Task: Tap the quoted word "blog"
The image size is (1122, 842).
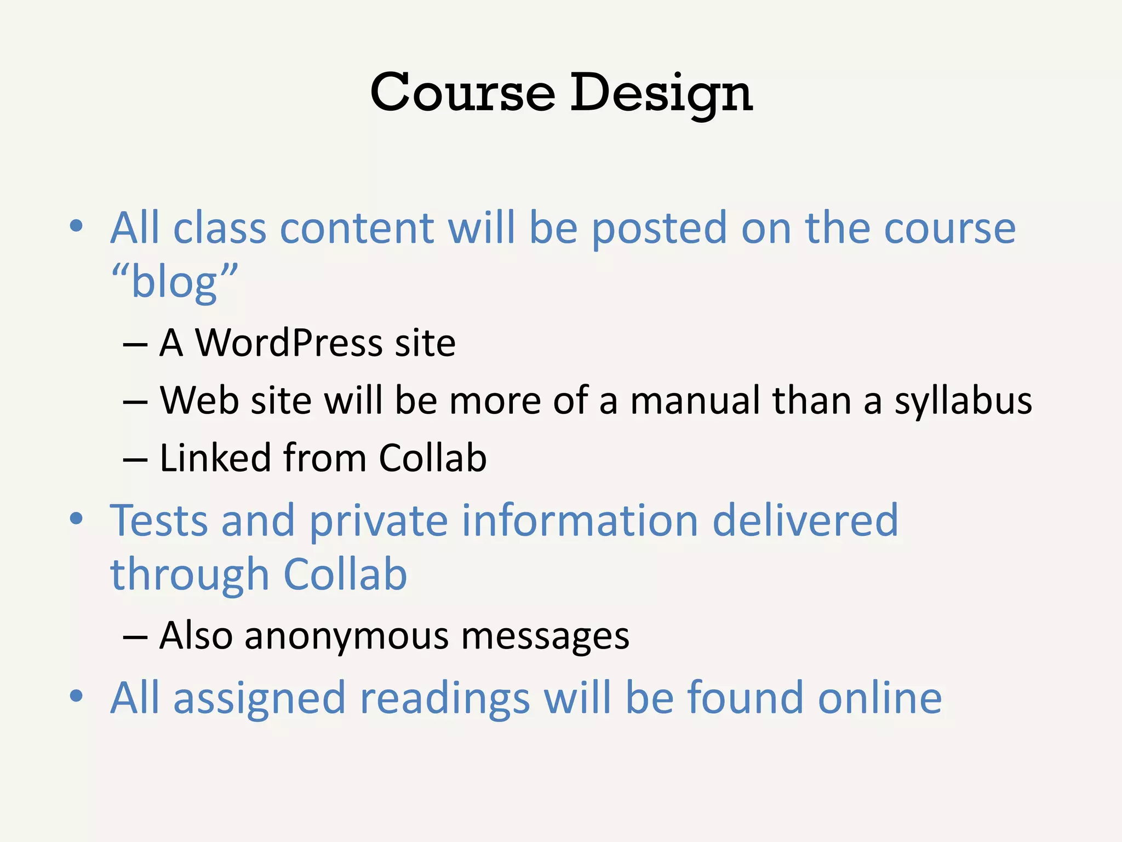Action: point(175,282)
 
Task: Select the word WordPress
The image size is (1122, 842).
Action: point(289,343)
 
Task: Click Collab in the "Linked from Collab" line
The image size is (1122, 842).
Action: point(433,458)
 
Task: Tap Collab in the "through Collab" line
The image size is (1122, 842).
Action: point(345,574)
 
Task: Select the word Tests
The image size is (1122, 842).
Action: point(159,521)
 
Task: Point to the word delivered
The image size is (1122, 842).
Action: point(805,521)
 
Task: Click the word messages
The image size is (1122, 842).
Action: point(545,637)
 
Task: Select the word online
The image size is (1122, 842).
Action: point(880,698)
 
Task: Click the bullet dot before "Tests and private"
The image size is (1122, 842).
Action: point(76,519)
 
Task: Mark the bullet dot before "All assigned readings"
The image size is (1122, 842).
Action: point(76,696)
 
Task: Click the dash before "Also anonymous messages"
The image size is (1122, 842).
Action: point(135,637)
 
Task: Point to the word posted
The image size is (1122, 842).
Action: point(659,229)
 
